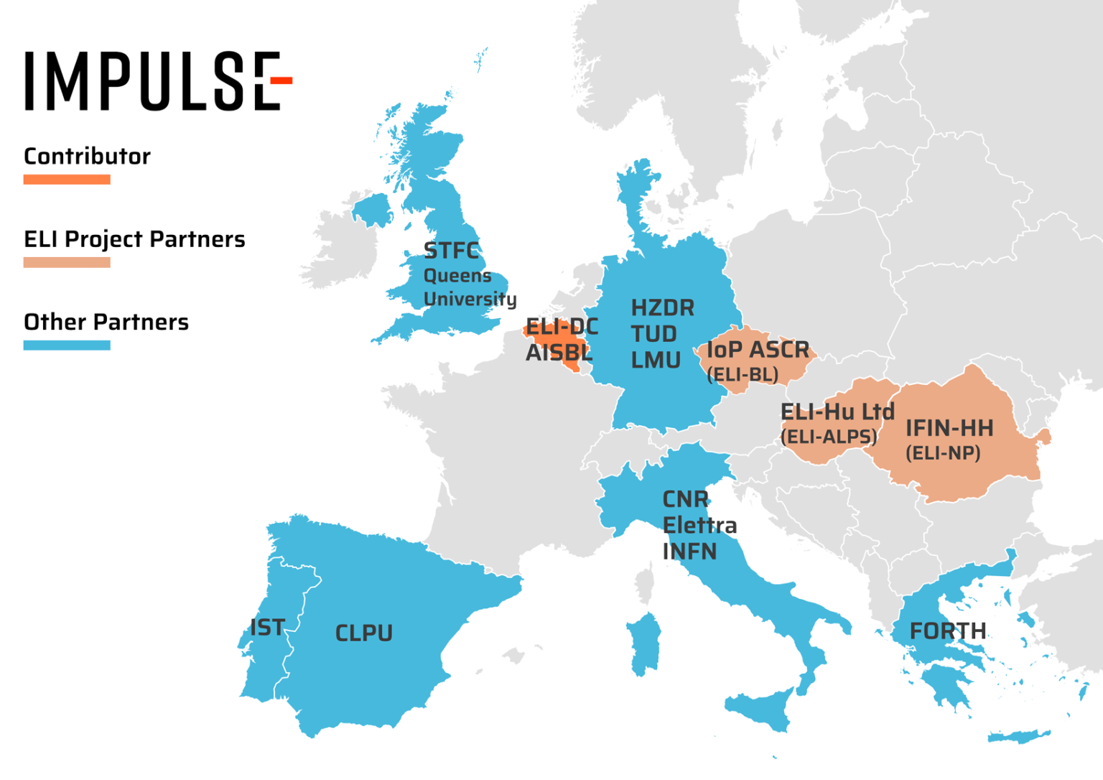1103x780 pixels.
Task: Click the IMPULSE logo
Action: tap(158, 80)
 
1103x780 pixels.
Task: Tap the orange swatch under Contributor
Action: tap(67, 180)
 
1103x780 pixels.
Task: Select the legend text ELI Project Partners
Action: tap(134, 239)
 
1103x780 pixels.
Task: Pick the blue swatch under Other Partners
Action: tap(67, 345)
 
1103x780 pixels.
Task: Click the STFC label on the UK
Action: tap(451, 251)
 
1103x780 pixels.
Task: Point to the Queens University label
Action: tap(470, 287)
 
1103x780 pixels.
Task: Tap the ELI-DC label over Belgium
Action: tap(562, 327)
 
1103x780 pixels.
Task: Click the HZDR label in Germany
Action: tap(662, 308)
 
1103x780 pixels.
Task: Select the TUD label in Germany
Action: tap(653, 334)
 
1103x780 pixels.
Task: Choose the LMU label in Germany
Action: tap(655, 360)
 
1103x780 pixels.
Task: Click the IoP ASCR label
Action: tap(758, 350)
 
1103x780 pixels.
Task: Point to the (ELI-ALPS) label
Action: tap(829, 437)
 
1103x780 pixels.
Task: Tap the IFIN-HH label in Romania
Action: tap(949, 428)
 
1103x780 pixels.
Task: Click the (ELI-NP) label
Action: tap(943, 453)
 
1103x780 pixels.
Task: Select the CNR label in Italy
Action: tap(685, 499)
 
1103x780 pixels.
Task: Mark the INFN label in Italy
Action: tap(689, 552)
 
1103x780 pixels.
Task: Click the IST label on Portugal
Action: tap(267, 628)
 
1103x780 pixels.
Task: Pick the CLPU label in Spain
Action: tap(363, 633)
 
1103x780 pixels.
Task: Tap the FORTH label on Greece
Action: tap(947, 631)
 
